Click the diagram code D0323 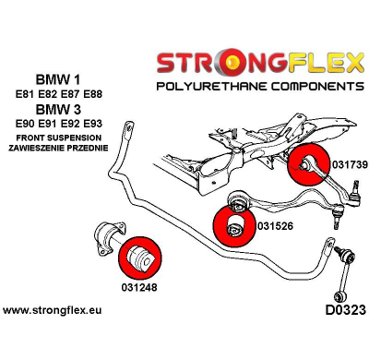(x=339, y=308)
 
